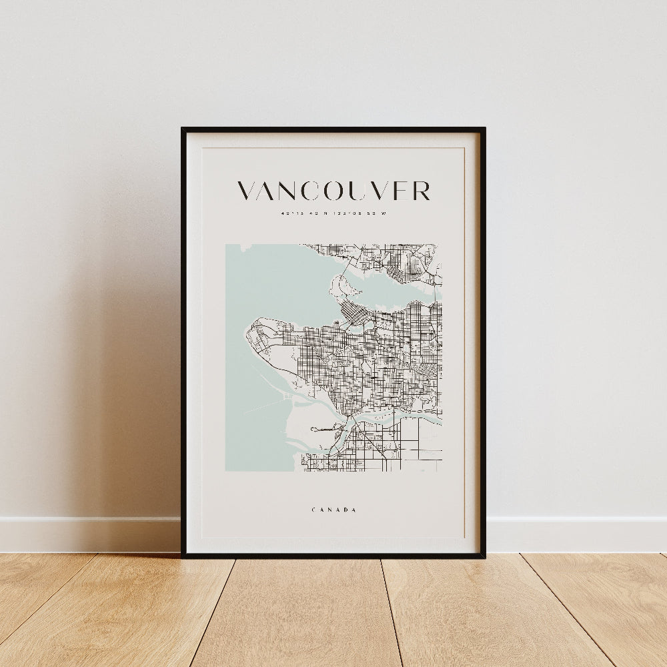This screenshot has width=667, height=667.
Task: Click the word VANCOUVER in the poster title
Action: [x=333, y=191]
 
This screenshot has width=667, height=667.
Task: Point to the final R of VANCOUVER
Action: [x=420, y=191]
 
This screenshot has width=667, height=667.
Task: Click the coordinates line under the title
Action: [x=333, y=214]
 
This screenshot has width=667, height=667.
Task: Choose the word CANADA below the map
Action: [x=333, y=510]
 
